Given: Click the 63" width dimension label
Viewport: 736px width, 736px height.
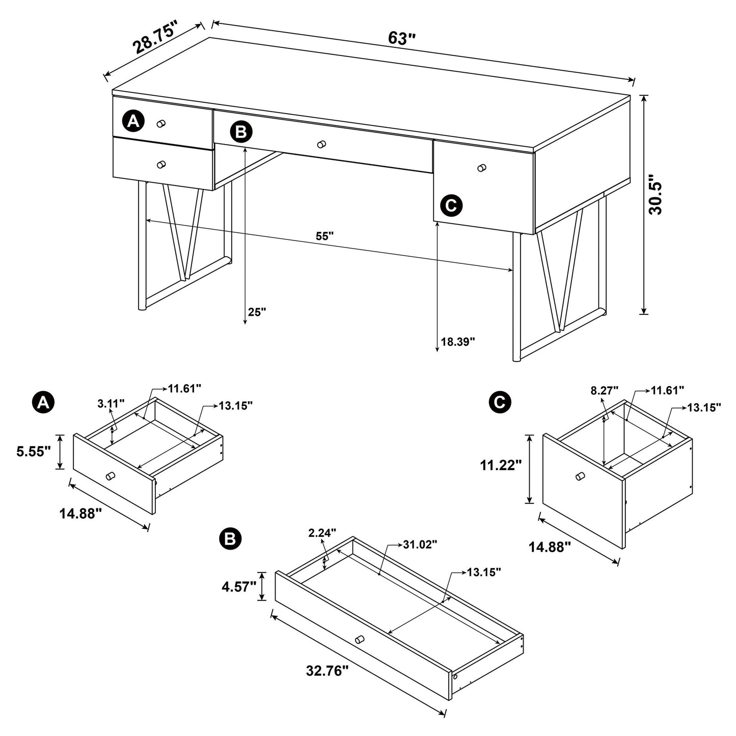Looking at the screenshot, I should coord(402,38).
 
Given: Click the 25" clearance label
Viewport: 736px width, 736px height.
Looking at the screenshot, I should coord(257,312).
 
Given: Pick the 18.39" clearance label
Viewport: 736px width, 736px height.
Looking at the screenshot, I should coord(458,341).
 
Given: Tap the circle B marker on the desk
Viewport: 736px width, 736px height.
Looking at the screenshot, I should coord(240,132).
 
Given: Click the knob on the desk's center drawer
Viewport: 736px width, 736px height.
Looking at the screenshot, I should coord(321,145).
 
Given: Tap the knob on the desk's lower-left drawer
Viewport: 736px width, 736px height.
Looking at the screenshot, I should coord(161,164).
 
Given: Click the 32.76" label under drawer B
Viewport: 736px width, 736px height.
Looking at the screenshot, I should coord(327,671).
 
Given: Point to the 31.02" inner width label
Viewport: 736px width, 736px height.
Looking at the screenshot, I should coord(420,544).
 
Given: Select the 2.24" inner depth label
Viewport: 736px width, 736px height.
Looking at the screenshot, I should coord(322,533).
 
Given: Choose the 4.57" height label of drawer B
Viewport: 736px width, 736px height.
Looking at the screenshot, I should coord(238,587).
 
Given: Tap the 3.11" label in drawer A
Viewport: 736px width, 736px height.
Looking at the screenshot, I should coord(111,404).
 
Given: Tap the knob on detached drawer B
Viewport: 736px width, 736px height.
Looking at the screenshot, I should coord(360,639).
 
